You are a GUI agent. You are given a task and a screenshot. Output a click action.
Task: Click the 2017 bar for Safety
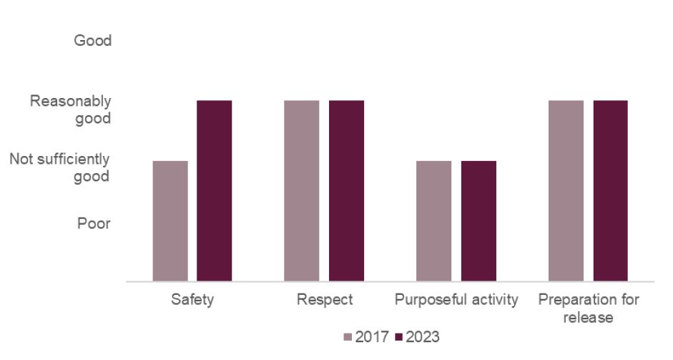click(170, 221)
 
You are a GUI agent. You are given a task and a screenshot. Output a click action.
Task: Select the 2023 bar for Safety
click(215, 191)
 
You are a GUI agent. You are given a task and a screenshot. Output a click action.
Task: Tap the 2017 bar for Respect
click(302, 191)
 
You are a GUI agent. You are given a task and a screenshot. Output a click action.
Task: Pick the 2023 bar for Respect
click(346, 191)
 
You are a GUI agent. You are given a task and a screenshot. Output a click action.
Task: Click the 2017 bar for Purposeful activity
click(434, 221)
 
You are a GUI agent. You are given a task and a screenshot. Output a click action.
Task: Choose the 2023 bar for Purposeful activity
click(478, 221)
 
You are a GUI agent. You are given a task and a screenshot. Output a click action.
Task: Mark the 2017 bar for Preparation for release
click(566, 191)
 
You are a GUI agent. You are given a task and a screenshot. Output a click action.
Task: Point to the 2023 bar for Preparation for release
click(610, 191)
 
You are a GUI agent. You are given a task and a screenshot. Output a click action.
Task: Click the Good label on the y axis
click(93, 41)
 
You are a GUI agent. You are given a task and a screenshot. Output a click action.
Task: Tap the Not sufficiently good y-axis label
click(60, 167)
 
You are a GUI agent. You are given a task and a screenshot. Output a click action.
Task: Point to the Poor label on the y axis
click(94, 224)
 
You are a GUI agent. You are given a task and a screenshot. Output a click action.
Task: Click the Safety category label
click(192, 300)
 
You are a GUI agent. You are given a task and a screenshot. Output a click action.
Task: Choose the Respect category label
click(325, 300)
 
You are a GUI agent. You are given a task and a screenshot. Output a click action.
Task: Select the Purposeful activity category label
click(456, 300)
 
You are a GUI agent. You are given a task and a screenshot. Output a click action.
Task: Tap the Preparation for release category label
click(589, 308)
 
